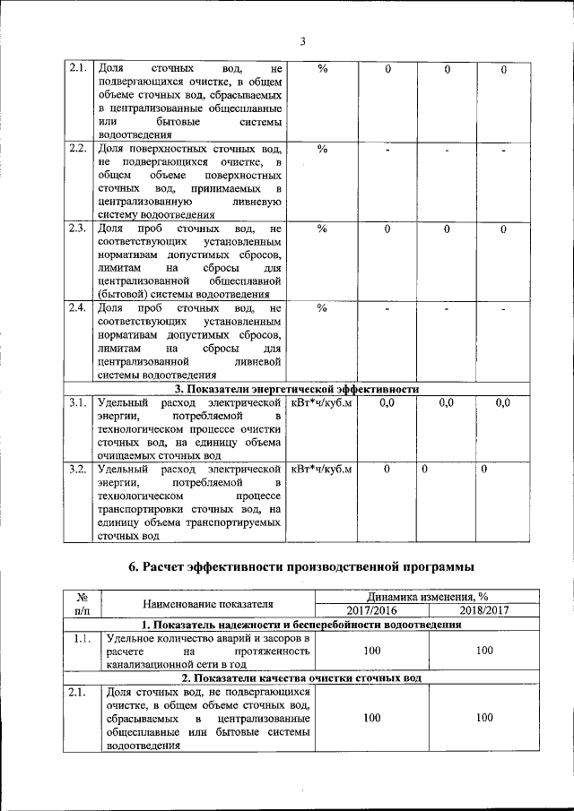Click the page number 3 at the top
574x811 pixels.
302,41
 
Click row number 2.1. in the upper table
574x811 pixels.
77,69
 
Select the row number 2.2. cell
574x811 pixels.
77,149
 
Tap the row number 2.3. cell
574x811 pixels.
77,229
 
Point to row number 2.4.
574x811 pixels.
77,308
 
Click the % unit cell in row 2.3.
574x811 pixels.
322,229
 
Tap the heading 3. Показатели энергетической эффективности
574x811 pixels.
296,389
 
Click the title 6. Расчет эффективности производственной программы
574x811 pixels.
297,565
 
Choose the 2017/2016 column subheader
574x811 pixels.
371,610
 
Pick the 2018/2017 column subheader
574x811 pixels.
483,610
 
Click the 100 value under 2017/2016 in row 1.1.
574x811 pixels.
371,651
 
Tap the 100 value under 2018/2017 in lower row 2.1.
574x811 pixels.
483,718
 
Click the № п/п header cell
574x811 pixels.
82,604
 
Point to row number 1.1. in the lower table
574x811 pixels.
82,638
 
